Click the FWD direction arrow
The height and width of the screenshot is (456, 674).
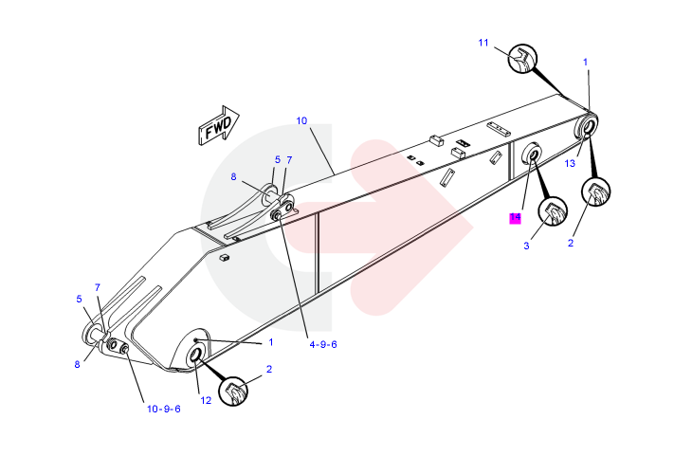217,125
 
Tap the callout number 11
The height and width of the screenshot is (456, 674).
483,43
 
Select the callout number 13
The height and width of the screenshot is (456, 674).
570,163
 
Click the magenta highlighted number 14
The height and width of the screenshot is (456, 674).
515,218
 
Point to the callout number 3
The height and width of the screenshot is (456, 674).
526,246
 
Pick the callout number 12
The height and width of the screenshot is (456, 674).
206,400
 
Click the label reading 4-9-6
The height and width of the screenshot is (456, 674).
322,344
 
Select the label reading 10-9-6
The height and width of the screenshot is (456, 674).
163,409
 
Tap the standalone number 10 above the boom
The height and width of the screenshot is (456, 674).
301,120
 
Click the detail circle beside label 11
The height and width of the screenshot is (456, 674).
522,60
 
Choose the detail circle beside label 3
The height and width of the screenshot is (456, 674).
552,213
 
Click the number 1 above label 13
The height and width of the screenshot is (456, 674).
586,63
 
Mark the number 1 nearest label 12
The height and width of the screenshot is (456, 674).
270,342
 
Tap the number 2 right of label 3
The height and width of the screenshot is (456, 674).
571,243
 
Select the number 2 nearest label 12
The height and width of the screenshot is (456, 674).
269,369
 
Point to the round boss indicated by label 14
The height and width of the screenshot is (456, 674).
532,154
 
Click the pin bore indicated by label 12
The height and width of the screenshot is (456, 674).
197,355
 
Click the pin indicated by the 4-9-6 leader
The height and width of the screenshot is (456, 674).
278,216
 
